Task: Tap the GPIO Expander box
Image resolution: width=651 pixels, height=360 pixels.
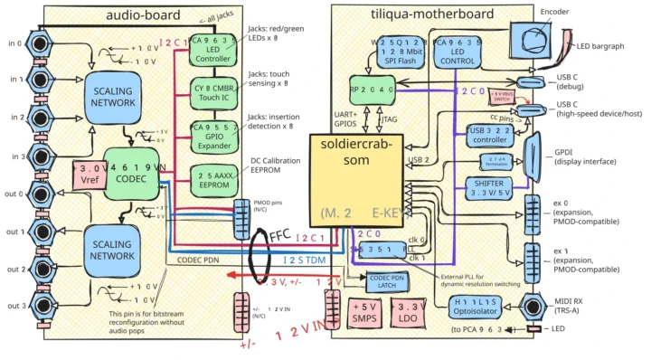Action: tap(214, 136)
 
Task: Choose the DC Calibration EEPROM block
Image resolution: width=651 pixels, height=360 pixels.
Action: tap(214, 178)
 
